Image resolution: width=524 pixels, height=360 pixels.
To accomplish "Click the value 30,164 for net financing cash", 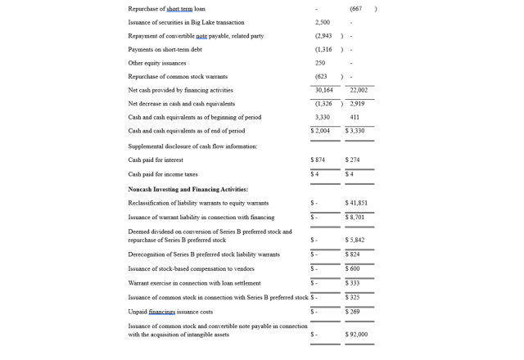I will (324, 90).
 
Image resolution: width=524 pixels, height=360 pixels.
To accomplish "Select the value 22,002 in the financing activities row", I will (359, 90).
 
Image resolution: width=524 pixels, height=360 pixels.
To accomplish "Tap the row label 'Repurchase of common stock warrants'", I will (178, 77).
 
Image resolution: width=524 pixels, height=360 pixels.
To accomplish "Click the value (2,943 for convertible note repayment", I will (323, 36).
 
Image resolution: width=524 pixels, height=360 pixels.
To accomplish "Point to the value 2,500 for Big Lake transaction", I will (323, 22).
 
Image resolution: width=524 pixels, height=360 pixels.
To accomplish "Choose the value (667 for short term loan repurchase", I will (355, 9).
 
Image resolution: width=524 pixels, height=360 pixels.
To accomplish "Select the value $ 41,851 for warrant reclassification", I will (356, 203).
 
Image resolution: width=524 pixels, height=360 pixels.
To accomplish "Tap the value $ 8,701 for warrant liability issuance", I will (355, 218).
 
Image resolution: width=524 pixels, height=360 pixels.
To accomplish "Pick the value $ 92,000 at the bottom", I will (356, 334).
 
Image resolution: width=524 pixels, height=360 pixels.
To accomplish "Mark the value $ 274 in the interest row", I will (353, 160).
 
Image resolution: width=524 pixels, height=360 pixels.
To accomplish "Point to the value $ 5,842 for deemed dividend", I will (355, 240).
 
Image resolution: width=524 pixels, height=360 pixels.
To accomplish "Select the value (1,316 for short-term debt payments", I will (323, 49).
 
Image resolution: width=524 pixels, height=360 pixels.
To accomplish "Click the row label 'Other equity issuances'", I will (157, 63).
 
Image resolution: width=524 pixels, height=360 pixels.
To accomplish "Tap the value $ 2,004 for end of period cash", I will (320, 131).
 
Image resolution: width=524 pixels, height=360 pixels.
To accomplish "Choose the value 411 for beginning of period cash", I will (355, 117).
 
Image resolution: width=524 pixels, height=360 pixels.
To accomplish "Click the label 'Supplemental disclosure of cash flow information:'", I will (192, 146).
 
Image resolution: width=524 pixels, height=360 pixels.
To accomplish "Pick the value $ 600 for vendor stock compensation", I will (353, 268).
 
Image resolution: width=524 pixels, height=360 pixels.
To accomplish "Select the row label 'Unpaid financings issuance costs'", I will (170, 312).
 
